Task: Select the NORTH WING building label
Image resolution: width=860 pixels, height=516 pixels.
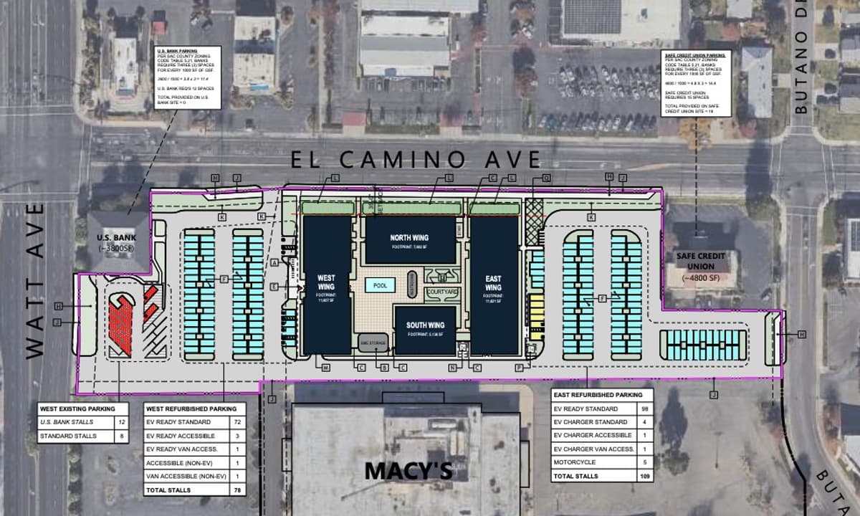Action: click(409, 237)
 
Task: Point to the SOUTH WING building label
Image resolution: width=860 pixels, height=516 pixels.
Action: click(426, 325)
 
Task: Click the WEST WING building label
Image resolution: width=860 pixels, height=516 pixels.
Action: click(326, 282)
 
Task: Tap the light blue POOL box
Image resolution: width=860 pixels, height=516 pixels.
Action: click(380, 285)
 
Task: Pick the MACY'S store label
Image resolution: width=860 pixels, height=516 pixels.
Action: click(409, 471)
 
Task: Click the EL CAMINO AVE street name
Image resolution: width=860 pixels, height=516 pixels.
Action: click(416, 158)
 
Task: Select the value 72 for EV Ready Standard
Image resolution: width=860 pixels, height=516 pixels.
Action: click(234, 422)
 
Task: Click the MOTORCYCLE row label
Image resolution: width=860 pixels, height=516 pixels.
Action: click(570, 462)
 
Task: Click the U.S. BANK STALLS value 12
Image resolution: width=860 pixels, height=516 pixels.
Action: click(120, 422)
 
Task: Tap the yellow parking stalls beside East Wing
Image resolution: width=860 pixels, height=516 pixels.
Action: click(536, 315)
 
